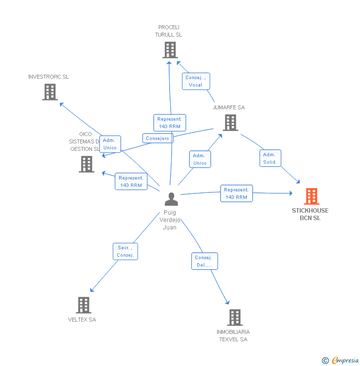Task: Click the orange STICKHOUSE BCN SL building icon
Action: [311, 196]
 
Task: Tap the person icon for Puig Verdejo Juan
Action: [171, 199]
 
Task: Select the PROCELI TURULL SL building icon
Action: [170, 50]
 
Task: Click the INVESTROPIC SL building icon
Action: [50, 92]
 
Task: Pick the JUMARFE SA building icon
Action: [230, 123]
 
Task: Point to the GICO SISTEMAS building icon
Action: [87, 164]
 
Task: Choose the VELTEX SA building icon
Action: [84, 305]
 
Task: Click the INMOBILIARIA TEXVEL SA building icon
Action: [234, 318]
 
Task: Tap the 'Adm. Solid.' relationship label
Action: [270, 158]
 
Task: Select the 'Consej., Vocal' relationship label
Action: [195, 81]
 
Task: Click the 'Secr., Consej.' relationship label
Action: [125, 251]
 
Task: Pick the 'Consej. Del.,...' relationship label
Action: [204, 261]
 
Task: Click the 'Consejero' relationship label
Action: [158, 138]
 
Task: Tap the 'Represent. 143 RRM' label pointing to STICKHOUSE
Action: [236, 193]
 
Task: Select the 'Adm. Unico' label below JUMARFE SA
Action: [200, 159]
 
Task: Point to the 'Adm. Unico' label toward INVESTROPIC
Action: [110, 144]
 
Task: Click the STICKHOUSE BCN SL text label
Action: [310, 214]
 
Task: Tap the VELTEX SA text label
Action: [82, 320]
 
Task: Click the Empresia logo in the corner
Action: [340, 361]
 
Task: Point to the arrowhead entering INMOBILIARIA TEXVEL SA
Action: [228, 303]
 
